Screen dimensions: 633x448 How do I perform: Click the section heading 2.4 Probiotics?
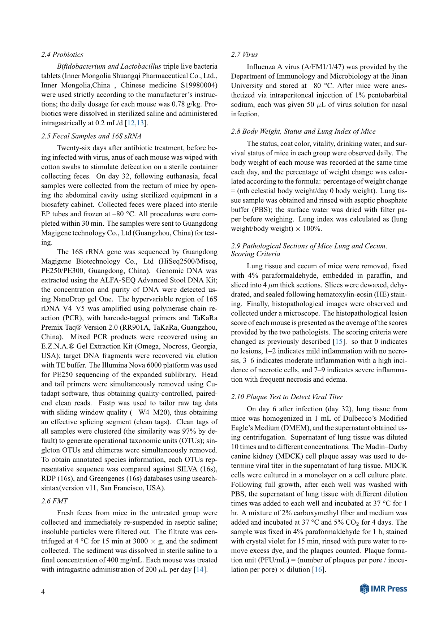pos(62,55)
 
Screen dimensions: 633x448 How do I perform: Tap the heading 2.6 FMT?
pos(55,501)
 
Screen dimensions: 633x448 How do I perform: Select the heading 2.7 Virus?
pos(245,55)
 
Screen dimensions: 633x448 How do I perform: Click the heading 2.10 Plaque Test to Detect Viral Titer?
pos(287,396)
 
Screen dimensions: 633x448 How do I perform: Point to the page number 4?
pos(43,592)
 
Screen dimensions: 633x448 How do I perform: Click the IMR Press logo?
pos(384,589)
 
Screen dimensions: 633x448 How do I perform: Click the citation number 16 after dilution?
pos(318,569)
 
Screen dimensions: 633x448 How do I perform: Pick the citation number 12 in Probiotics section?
pos(131,123)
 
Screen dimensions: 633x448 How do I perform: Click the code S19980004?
pos(194,85)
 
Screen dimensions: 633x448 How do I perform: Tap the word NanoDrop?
pos(69,299)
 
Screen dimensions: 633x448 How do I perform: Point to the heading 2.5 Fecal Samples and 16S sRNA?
pos(91,136)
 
